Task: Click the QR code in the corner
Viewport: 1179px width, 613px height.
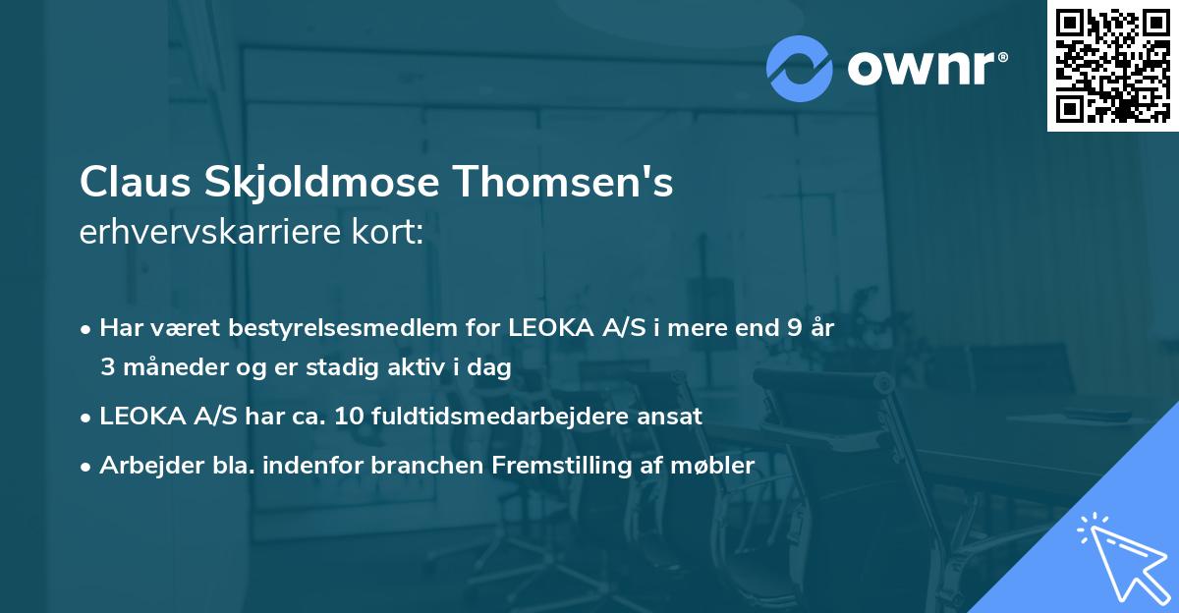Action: click(1112, 66)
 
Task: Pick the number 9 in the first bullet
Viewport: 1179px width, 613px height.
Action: click(793, 328)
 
